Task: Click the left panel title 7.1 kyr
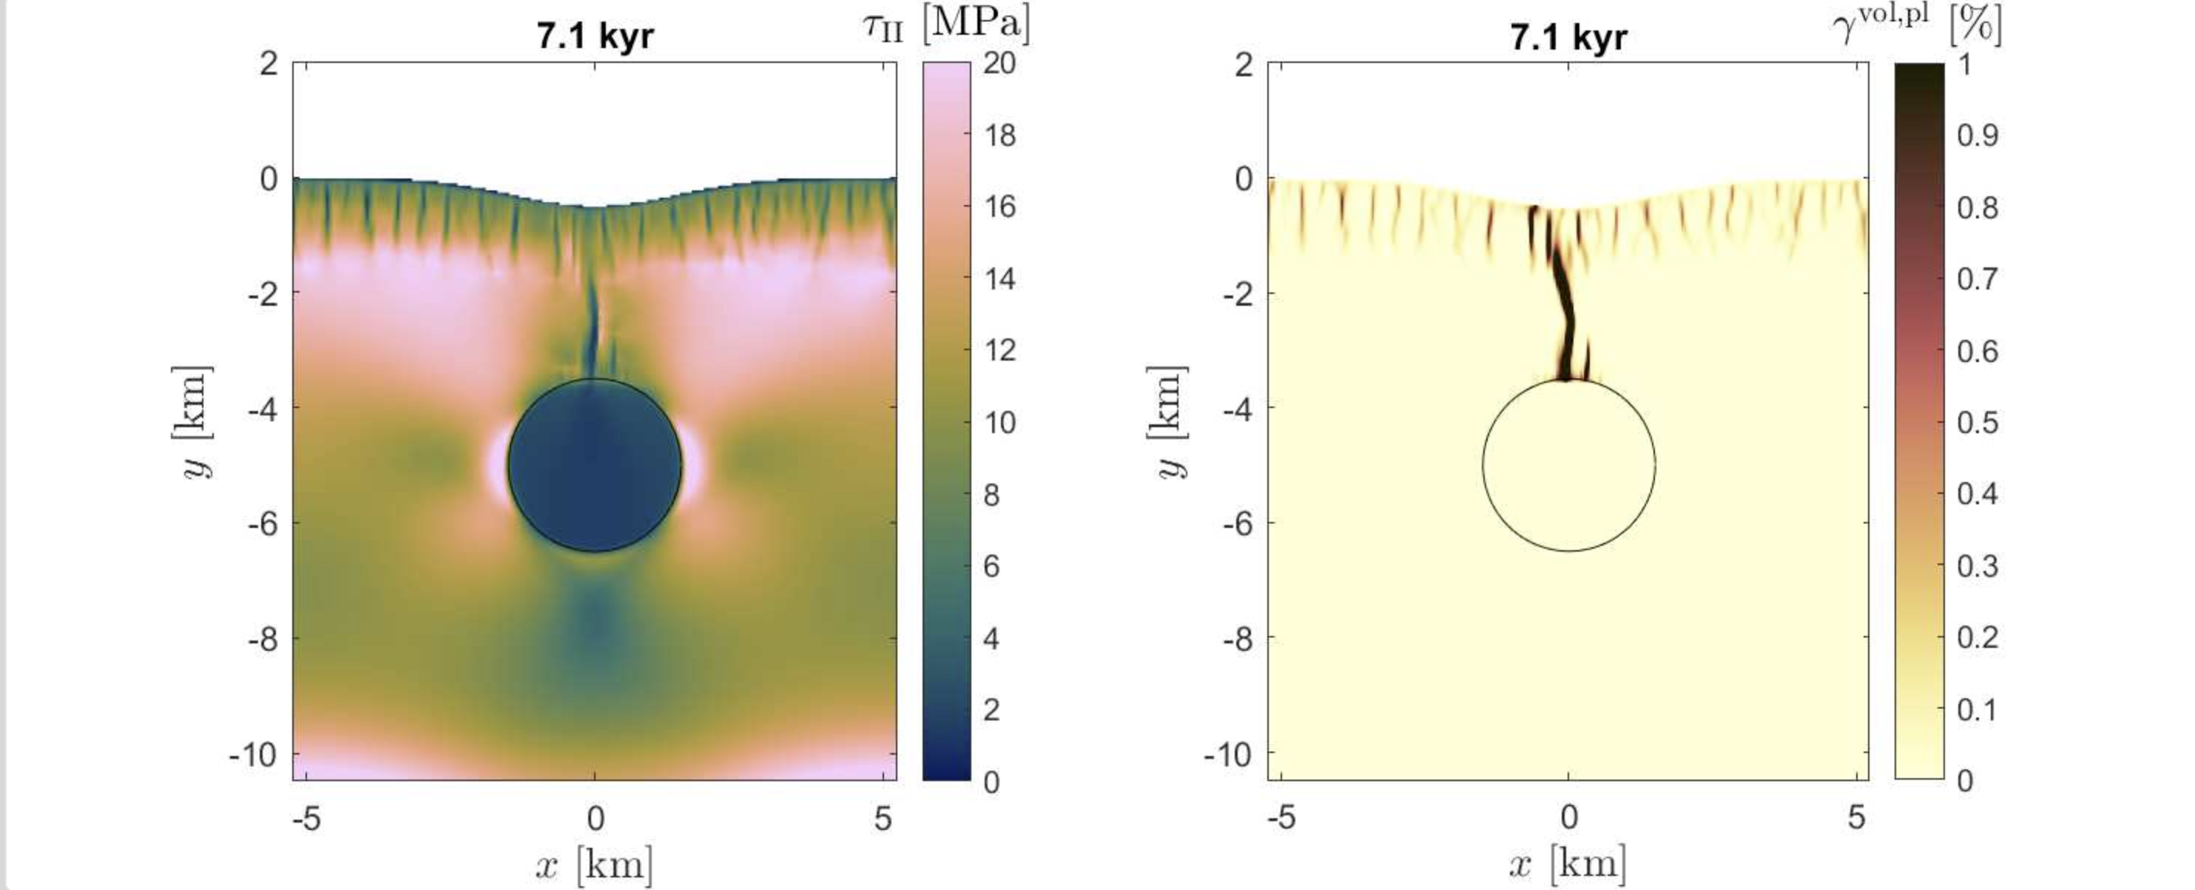tap(595, 37)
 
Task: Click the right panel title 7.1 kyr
tap(1568, 37)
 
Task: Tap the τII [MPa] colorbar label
tap(945, 23)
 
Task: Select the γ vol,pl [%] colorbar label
tap(1918, 23)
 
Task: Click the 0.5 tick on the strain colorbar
tap(1977, 422)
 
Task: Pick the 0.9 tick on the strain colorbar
tap(1977, 135)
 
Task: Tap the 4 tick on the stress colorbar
tap(991, 638)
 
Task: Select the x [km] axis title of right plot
tap(1568, 864)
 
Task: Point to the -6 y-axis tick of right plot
tap(1236, 523)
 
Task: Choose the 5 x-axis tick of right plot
tap(1857, 818)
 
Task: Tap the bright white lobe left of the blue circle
tap(496, 464)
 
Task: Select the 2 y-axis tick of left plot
tap(269, 63)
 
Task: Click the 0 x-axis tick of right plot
tap(1568, 818)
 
